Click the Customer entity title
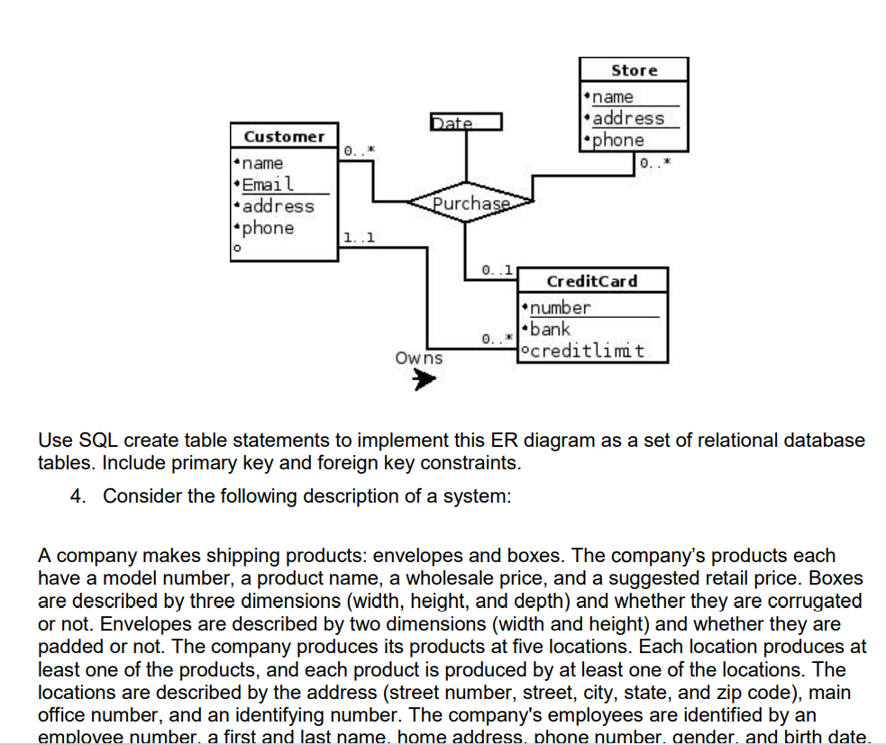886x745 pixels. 284,137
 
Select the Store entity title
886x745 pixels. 635,70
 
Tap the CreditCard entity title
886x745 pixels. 591,281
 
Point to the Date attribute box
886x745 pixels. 465,123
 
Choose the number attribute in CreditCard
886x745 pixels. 560,308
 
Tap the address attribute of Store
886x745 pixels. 628,118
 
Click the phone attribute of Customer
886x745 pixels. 268,228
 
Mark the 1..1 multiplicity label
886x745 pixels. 360,238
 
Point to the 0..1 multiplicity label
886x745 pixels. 498,269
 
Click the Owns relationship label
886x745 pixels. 419,358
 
